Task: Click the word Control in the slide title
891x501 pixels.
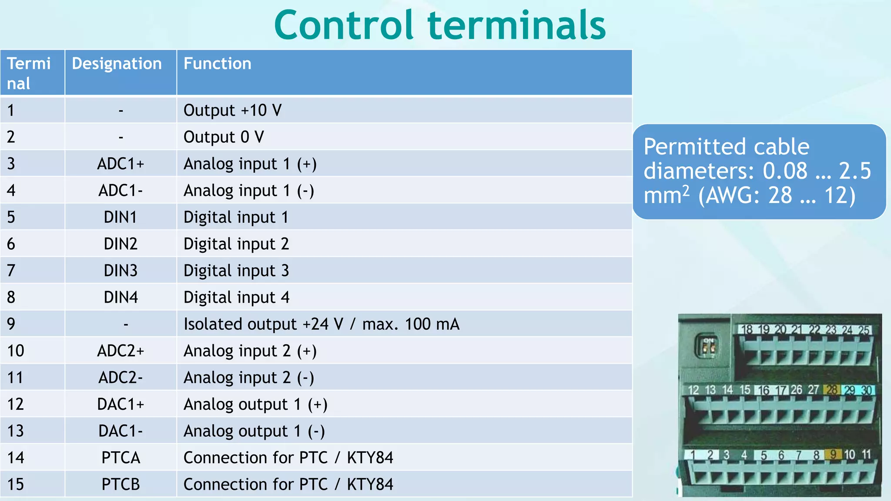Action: coord(343,26)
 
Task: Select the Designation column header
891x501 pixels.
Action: coord(117,64)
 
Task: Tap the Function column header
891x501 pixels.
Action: coord(217,64)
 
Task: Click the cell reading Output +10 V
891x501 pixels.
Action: coord(232,110)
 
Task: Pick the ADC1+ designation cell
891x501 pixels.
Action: coord(121,164)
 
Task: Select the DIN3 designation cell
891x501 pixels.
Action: coord(121,271)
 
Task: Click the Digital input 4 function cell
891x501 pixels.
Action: coord(236,297)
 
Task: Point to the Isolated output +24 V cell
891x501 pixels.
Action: coord(321,324)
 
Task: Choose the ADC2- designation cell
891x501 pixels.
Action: coord(121,377)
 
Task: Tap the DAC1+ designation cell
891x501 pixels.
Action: coord(121,404)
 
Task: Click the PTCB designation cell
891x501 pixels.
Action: coord(121,484)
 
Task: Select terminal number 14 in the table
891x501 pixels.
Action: coord(16,458)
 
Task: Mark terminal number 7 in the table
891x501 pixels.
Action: coord(11,271)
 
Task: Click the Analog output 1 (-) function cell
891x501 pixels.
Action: coord(254,431)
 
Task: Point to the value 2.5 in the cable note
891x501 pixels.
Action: coord(854,171)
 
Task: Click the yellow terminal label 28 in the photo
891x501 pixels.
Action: coord(832,390)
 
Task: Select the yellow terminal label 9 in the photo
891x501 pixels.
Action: coord(833,454)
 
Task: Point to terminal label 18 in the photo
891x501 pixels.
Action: coord(747,330)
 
